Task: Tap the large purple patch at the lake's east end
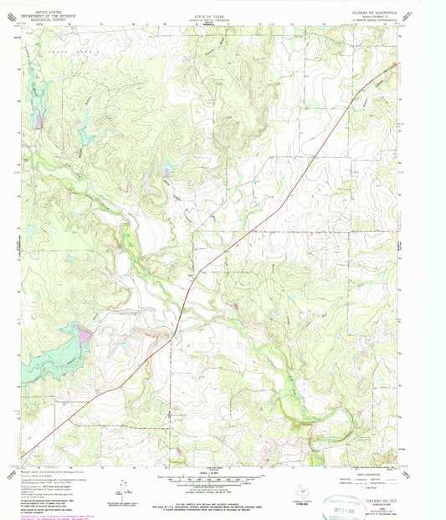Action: click(x=83, y=338)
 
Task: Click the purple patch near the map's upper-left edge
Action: click(x=38, y=119)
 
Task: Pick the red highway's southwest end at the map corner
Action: click(x=22, y=459)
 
